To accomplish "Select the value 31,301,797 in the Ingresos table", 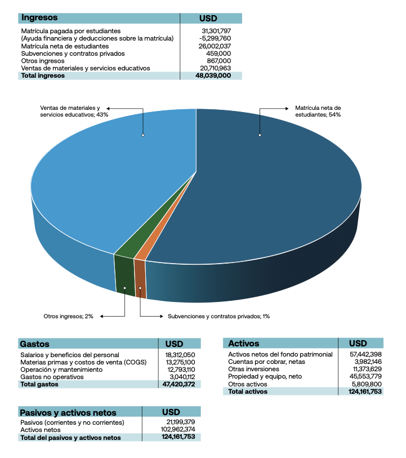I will click(216, 30).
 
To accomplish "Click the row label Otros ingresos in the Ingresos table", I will click(43, 60).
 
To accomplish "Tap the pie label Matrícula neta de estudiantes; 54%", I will click(318, 110).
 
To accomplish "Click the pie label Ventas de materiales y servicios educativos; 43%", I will click(74, 110).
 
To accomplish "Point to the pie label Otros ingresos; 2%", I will click(68, 317).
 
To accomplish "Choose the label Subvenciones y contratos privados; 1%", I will click(218, 317).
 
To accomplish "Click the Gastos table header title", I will click(35, 344).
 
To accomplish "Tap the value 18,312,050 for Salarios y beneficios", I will click(180, 355).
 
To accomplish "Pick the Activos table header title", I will click(244, 343).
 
